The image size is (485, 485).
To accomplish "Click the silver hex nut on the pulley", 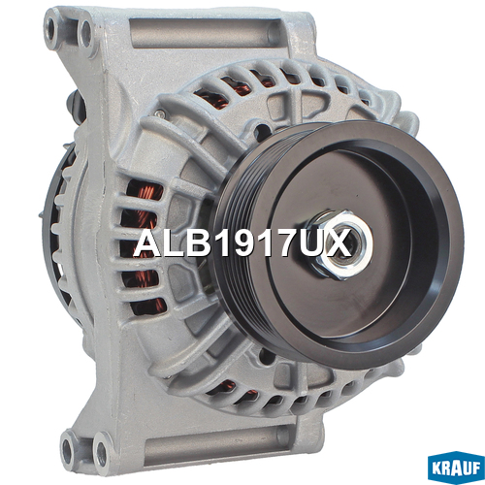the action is coord(339,244).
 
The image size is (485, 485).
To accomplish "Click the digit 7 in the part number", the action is coord(283,243).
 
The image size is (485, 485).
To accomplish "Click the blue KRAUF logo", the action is coord(456,469).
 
